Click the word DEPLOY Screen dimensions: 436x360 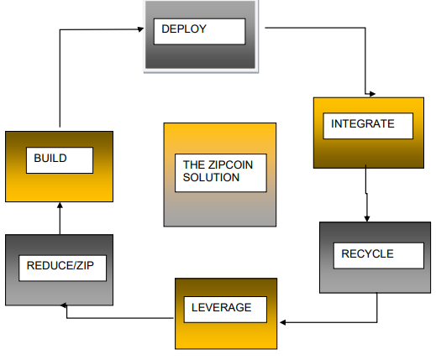click(184, 29)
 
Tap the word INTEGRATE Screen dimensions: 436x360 click(363, 123)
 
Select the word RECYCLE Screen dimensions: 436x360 click(367, 253)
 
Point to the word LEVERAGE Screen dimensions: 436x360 click(221, 307)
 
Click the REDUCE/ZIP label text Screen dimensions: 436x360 click(60, 265)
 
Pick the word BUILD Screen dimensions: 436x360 click(50, 158)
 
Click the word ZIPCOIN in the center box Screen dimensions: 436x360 click(230, 164)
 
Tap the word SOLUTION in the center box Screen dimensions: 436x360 click(211, 177)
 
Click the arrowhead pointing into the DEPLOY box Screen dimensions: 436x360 click(140, 29)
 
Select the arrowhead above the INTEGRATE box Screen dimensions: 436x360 click(372, 94)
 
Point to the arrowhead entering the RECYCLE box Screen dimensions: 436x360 click(367, 218)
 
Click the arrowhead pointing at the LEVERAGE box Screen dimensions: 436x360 click(283, 322)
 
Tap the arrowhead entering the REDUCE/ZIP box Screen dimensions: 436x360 click(64, 305)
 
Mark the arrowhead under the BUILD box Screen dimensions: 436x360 click(60, 206)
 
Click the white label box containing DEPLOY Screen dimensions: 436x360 click(200, 31)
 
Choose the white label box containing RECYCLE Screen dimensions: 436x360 click(379, 256)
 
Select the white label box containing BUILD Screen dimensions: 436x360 click(60, 160)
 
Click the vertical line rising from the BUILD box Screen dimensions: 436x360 click(60, 78)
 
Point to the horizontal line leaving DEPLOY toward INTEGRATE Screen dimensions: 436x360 click(315, 28)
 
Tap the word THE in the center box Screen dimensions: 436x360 click(194, 164)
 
